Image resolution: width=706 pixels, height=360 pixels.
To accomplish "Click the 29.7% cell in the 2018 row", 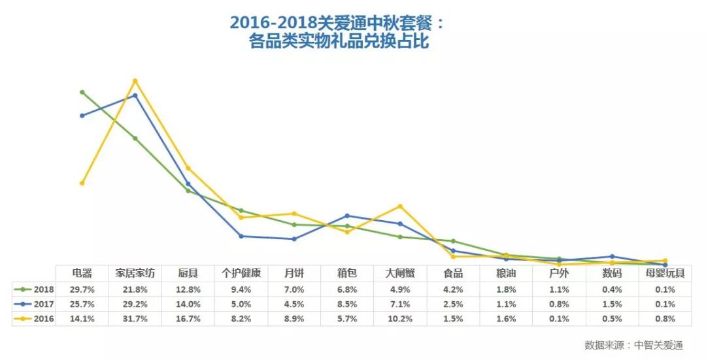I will click(82, 289).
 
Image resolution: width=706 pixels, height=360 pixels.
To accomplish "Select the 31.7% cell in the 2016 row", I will click(135, 319).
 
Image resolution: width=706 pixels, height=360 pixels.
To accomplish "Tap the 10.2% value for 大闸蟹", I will click(399, 319).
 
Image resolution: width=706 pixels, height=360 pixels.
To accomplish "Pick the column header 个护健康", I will click(241, 273).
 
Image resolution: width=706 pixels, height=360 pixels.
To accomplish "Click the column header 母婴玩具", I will click(665, 273).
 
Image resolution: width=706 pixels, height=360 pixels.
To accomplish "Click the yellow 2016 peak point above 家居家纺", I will click(135, 81).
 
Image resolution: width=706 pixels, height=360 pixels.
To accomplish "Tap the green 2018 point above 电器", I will click(82, 92).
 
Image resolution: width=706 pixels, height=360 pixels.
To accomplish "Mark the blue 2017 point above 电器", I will click(82, 116).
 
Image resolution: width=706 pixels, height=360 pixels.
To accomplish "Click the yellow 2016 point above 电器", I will click(82, 183).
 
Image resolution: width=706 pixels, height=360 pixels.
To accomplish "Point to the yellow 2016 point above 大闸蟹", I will click(400, 206).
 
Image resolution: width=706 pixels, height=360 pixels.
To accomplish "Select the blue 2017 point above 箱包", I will click(347, 216).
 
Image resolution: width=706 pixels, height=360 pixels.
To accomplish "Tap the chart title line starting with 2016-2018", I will click(337, 22).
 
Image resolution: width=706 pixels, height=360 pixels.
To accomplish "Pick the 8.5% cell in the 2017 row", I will click(346, 304).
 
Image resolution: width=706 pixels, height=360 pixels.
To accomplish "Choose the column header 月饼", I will click(294, 273).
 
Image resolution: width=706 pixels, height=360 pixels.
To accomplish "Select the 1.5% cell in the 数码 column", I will click(612, 304).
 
